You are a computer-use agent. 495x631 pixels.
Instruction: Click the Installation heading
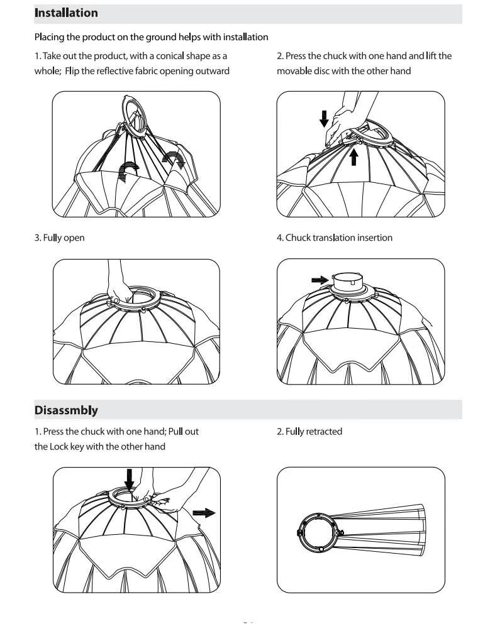coord(66,13)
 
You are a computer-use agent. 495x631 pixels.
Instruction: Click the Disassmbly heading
coord(66,410)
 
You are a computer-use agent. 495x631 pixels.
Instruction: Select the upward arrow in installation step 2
coord(354,156)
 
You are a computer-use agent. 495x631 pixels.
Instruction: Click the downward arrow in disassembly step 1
coord(130,480)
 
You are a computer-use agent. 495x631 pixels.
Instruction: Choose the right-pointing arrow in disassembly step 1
coord(204,513)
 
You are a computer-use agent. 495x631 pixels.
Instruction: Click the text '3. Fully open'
coord(59,238)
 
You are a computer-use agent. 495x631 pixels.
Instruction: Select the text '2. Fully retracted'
coord(309,431)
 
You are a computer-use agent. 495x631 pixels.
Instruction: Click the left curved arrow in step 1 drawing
coord(130,170)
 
